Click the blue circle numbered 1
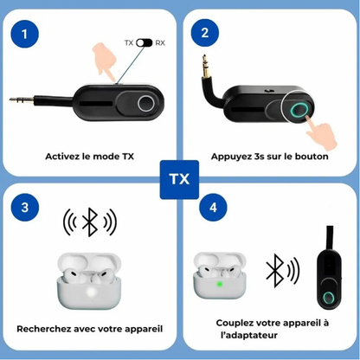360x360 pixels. point(24,34)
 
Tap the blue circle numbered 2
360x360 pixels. point(205,33)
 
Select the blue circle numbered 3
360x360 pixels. point(25,208)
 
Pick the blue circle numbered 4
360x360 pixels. point(213,208)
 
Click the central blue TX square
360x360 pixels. point(179,179)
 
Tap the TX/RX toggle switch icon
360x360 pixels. point(144,42)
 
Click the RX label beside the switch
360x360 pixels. point(160,43)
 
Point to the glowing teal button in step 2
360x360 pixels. point(299,110)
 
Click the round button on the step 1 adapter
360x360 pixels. point(145,103)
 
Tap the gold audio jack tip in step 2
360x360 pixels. point(205,67)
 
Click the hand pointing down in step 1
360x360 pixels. point(105,61)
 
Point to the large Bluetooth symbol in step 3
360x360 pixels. point(90,222)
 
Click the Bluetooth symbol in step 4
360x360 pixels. point(273,271)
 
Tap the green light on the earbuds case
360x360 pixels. point(220,284)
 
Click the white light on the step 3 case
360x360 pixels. point(92,293)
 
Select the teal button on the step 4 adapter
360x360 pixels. point(328,298)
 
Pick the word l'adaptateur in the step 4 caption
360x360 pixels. point(249,335)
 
